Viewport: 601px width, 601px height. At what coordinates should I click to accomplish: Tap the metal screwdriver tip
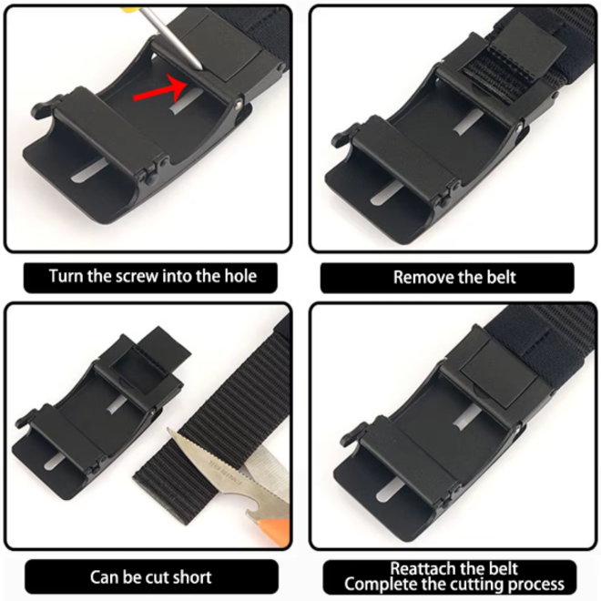pos(199,66)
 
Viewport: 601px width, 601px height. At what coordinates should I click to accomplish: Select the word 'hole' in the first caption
pos(239,276)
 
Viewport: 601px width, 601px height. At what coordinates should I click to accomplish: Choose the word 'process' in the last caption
pos(535,586)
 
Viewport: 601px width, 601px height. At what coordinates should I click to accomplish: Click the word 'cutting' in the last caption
pos(475,586)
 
